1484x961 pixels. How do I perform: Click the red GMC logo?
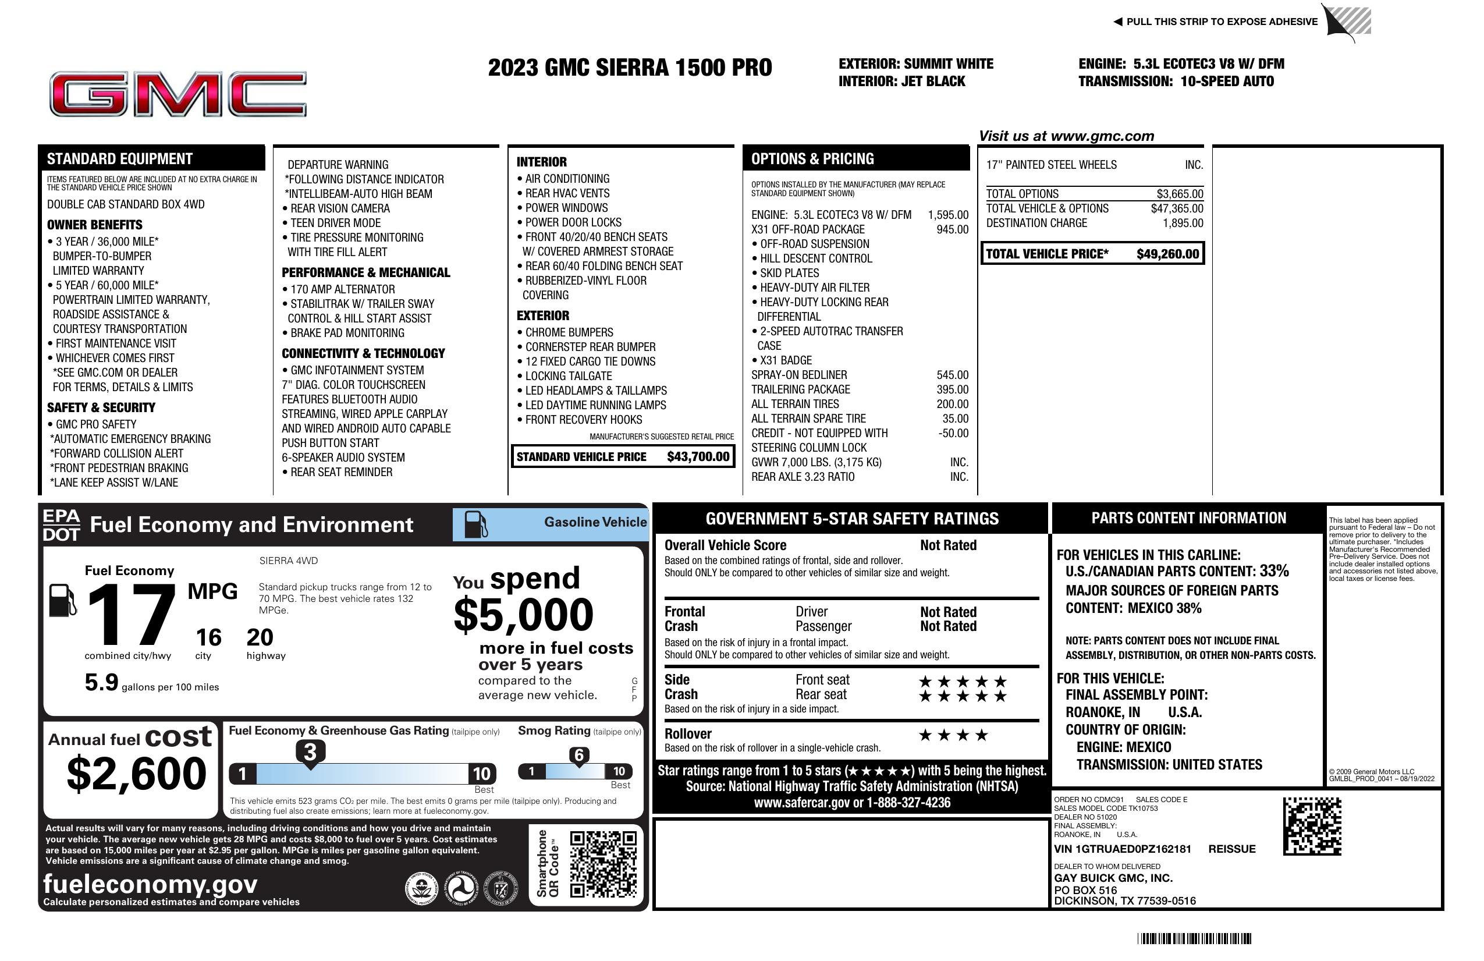click(177, 94)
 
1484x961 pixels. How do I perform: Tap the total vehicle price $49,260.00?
click(1167, 254)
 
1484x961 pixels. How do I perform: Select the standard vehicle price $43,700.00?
click(698, 456)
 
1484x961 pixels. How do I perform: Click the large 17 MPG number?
click(131, 614)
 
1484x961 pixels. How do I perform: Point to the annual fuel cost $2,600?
click(136, 774)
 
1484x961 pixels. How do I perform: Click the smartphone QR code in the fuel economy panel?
click(603, 864)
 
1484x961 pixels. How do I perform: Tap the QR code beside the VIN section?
click(1312, 826)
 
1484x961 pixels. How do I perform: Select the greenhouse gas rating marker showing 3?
click(310, 752)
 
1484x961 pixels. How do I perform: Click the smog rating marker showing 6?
click(578, 755)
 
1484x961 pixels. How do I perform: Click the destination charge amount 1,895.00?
click(1183, 224)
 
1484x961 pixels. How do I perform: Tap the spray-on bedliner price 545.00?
click(952, 375)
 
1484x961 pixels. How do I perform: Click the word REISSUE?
click(1231, 849)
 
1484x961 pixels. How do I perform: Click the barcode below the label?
click(1194, 938)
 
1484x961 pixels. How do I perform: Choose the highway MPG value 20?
click(260, 637)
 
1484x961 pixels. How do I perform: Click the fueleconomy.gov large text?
click(150, 884)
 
